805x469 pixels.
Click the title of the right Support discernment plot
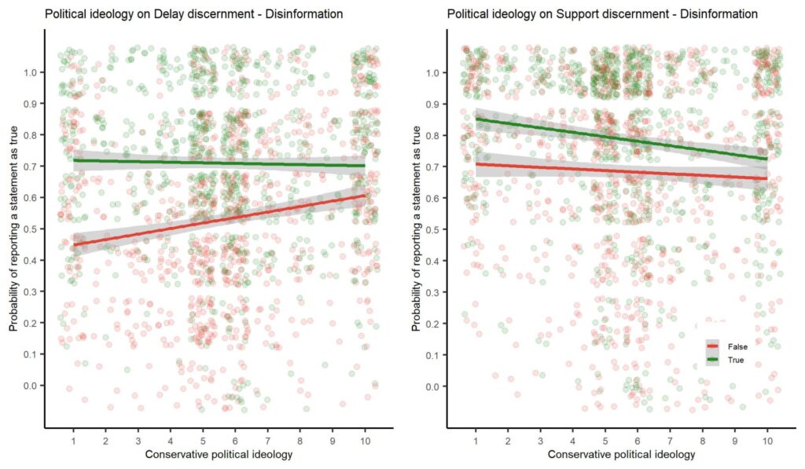(x=602, y=14)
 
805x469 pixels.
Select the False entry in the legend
(x=736, y=346)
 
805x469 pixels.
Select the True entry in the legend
(x=735, y=360)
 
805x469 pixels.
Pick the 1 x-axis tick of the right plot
(x=476, y=442)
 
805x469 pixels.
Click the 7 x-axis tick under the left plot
(x=267, y=442)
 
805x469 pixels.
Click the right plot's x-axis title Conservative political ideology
(x=621, y=456)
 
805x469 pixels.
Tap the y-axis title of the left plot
(x=14, y=228)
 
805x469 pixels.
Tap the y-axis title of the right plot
(x=417, y=228)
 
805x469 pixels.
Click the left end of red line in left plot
(x=73, y=245)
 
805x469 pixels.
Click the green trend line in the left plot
(x=220, y=163)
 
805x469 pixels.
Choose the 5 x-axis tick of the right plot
(x=605, y=442)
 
